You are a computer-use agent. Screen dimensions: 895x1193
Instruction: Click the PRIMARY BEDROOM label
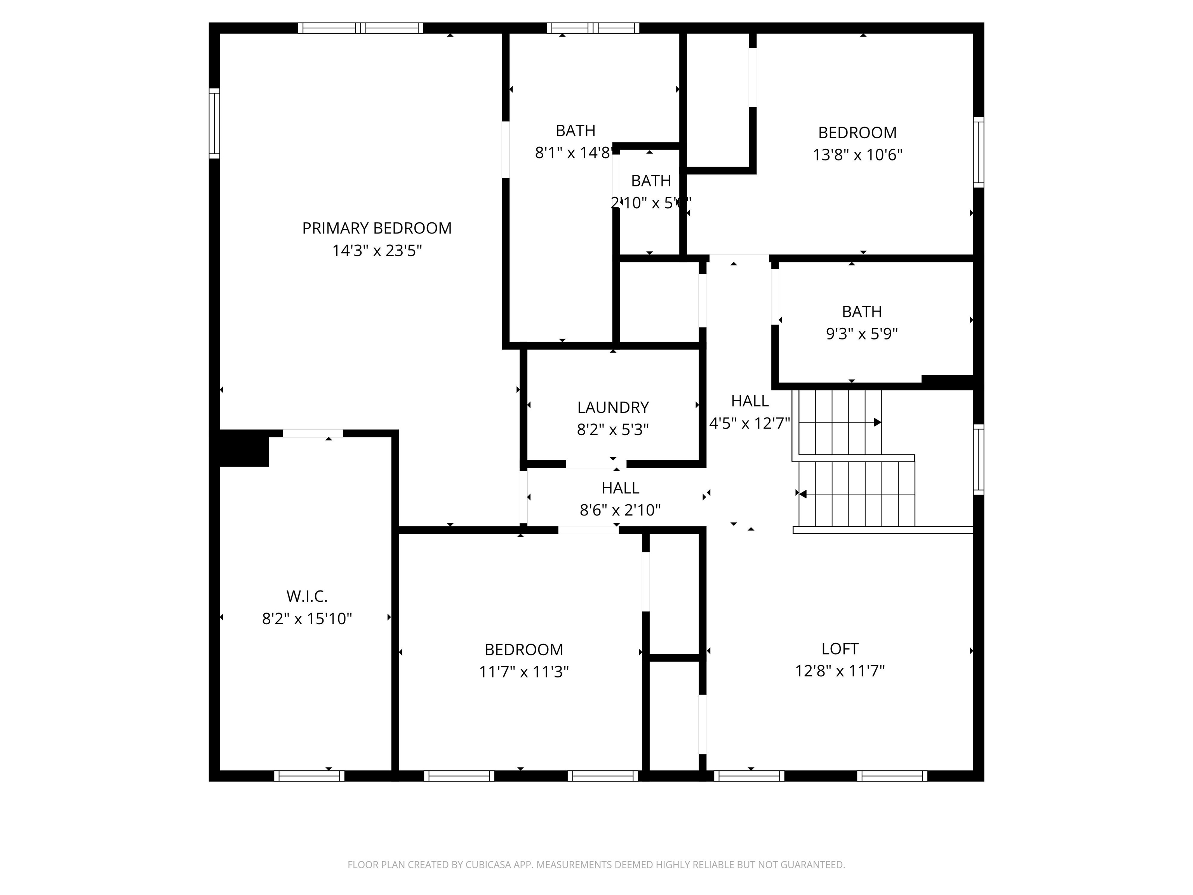376,228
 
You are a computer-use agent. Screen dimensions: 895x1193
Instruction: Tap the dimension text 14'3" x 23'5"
376,251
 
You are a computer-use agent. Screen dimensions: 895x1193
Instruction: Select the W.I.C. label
307,596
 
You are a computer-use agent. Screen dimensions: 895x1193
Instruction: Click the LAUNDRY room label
613,407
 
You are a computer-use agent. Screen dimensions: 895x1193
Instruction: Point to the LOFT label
840,648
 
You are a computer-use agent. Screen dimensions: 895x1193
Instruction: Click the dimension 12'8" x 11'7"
840,670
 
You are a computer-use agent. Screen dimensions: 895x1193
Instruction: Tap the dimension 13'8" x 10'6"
857,155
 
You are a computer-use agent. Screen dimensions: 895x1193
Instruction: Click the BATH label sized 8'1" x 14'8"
576,131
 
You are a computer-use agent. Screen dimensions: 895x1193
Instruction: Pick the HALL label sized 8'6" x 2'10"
620,488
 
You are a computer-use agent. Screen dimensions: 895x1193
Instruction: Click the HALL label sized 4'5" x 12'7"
750,401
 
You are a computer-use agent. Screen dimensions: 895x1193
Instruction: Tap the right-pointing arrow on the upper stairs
877,422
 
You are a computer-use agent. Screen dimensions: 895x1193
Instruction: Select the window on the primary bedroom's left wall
214,123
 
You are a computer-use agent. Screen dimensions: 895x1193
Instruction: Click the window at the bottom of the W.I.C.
309,776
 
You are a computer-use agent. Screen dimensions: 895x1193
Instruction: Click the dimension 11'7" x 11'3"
524,672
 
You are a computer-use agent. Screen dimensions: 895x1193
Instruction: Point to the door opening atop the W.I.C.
313,433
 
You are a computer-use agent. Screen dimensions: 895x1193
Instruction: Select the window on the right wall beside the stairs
978,459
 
